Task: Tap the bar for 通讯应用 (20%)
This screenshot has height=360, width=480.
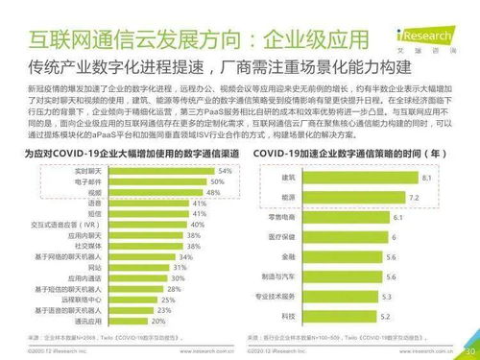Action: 112,321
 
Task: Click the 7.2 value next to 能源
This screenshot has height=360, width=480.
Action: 414,197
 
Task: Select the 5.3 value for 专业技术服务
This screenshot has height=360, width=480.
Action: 387,298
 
